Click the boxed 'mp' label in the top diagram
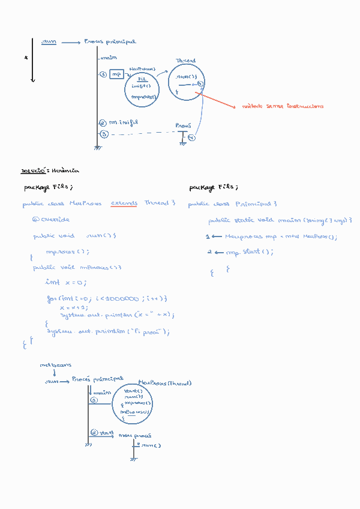[116, 74]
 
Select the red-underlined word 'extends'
[124, 203]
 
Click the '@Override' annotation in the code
[51, 220]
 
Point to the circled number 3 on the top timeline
[103, 134]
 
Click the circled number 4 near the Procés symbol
[191, 138]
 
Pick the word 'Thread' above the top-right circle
[185, 61]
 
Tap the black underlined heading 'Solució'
[31, 170]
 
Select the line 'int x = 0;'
[66, 282]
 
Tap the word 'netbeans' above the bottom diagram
[56, 365]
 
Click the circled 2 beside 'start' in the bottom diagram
[94, 432]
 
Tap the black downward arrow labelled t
[32, 60]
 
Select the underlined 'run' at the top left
[49, 42]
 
